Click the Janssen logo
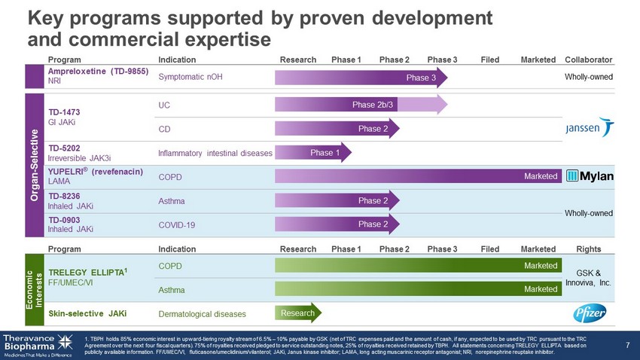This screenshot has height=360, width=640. point(590,128)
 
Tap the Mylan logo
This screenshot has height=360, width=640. point(590,176)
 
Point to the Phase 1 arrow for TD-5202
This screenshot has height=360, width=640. point(312,153)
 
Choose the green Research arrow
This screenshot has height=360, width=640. point(297,313)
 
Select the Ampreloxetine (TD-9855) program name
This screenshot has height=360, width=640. point(98,72)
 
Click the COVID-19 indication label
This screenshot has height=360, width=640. point(177,224)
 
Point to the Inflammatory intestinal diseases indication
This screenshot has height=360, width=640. point(215,153)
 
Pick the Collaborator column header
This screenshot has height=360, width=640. point(588,59)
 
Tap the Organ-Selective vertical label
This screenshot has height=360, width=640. point(35,164)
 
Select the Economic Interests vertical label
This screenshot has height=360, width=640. point(35,289)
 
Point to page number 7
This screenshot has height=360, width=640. point(627,346)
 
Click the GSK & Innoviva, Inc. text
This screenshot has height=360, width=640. point(588,278)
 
